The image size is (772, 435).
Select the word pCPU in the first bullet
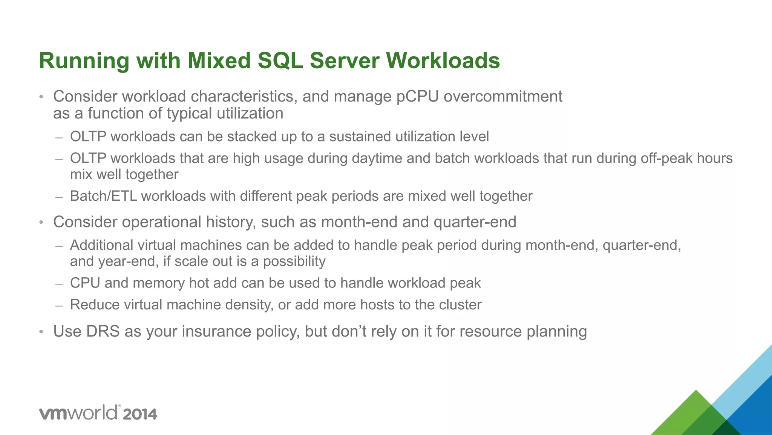(x=417, y=97)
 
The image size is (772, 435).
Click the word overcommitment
(x=503, y=97)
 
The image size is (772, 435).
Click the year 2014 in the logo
(x=139, y=414)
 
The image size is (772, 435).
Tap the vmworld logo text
(x=78, y=413)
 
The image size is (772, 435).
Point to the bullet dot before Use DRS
(x=41, y=332)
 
